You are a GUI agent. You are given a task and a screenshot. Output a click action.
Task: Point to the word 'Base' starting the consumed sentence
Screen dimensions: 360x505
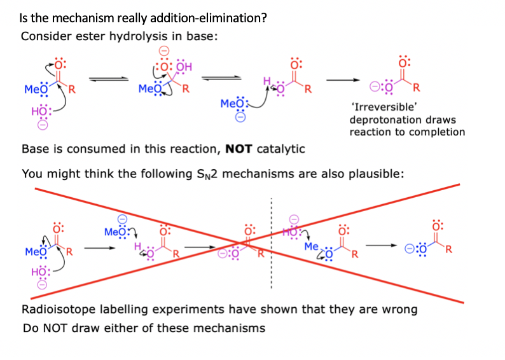(34, 149)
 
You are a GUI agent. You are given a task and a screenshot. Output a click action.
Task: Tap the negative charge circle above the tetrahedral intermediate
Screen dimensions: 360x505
(163, 52)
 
